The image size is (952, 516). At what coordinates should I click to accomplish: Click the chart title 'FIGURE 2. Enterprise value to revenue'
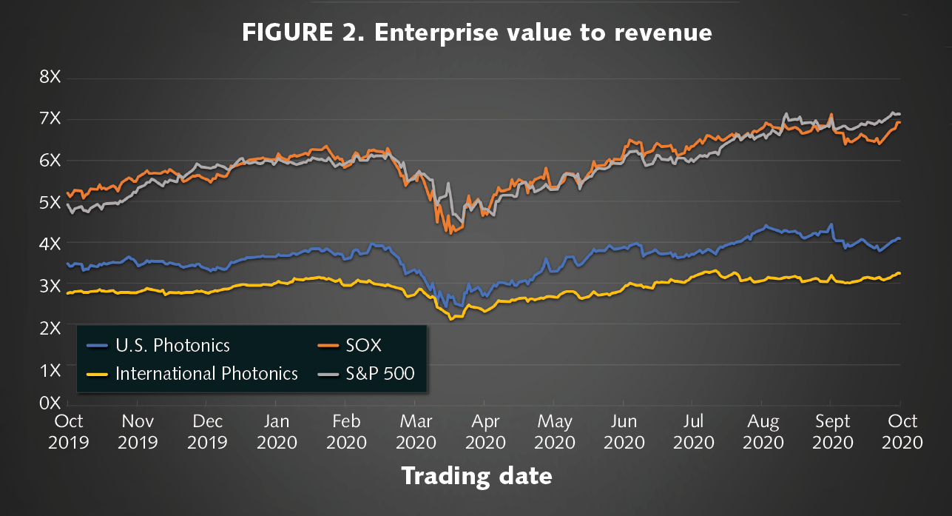[x=476, y=33]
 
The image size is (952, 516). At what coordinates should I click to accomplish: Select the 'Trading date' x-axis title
[x=476, y=475]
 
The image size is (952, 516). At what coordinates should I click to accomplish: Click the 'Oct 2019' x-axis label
[x=69, y=432]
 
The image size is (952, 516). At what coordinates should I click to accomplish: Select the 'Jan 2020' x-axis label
[x=277, y=432]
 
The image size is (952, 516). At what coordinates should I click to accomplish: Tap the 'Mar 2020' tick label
[x=416, y=432]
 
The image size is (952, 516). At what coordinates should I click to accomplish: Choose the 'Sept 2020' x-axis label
[x=833, y=432]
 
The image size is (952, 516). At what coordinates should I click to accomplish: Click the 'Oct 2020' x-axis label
[x=902, y=432]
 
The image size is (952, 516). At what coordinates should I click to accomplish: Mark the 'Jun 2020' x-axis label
[x=624, y=432]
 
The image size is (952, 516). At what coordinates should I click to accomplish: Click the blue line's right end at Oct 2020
[x=899, y=238]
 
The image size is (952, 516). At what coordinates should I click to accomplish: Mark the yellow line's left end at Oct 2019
[x=68, y=293]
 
